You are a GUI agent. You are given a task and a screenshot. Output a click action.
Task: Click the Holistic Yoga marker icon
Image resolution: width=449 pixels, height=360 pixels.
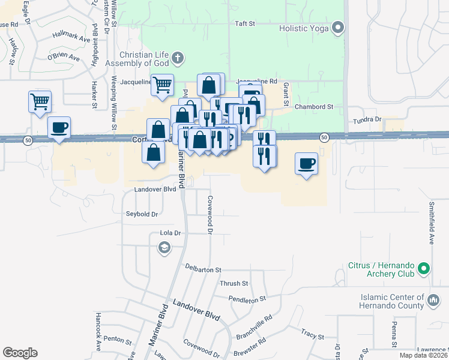click(x=338, y=28)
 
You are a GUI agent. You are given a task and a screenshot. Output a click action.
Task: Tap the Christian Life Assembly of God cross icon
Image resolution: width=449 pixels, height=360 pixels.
click(x=177, y=58)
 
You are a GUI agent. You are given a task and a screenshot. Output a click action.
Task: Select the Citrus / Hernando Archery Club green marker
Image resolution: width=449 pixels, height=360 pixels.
click(x=424, y=269)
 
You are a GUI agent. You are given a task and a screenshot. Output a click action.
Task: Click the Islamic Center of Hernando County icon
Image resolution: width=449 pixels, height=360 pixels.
click(x=433, y=298)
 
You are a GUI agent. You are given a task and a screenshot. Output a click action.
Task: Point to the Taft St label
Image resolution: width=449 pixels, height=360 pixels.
click(x=245, y=24)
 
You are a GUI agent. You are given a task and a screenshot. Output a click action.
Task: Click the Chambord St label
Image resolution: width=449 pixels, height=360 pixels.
click(x=314, y=107)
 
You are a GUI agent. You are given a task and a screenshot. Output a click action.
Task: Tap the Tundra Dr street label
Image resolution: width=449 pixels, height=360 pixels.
click(x=367, y=120)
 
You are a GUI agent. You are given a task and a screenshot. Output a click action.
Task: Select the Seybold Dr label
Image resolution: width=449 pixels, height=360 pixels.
click(x=142, y=214)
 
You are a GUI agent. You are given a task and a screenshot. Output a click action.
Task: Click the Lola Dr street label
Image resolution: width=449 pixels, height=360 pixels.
click(x=170, y=232)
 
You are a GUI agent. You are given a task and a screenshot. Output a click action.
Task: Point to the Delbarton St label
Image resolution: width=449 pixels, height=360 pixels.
click(x=203, y=269)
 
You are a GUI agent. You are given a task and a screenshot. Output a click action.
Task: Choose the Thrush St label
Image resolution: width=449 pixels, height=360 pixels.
click(x=234, y=283)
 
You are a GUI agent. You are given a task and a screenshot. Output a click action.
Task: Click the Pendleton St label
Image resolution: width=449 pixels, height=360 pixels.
click(x=247, y=298)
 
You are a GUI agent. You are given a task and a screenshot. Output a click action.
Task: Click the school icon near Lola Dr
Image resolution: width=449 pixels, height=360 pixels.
click(x=163, y=248)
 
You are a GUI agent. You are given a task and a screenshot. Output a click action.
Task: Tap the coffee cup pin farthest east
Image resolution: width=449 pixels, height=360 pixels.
click(x=307, y=163)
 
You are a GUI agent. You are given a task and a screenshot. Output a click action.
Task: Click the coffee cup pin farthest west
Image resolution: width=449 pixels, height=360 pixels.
click(x=59, y=128)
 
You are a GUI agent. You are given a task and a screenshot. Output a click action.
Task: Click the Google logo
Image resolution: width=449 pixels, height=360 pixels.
click(x=20, y=353)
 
